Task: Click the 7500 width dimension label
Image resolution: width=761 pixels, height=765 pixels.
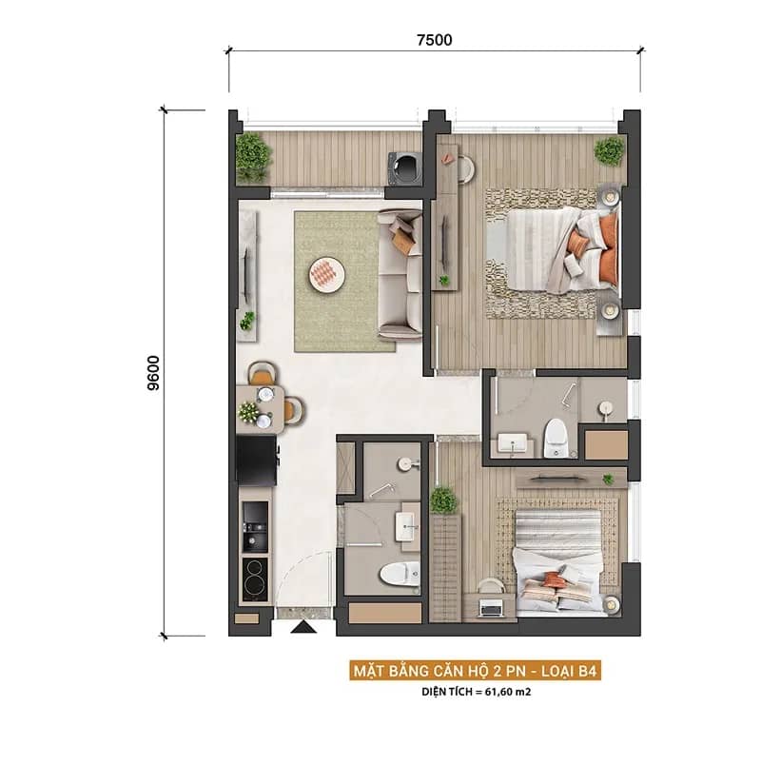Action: (x=434, y=40)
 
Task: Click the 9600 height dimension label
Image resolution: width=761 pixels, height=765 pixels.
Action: (x=153, y=373)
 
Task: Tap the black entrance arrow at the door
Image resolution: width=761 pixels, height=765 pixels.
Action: (x=303, y=627)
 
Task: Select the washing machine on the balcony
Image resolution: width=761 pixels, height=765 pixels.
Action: (x=404, y=168)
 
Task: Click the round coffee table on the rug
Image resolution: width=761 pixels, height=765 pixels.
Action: (x=327, y=275)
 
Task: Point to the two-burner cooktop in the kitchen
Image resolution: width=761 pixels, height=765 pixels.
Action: (x=255, y=579)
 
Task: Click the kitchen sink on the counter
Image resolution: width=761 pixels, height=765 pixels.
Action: (x=255, y=527)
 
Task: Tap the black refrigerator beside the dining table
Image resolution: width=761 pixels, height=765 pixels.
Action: (x=257, y=460)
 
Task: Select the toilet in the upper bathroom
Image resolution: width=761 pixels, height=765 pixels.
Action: (x=556, y=438)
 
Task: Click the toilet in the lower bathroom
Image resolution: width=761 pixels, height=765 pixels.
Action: (x=400, y=574)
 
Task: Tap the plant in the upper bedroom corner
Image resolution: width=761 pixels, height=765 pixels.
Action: (x=609, y=150)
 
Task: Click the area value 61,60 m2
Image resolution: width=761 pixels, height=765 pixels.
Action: (x=507, y=692)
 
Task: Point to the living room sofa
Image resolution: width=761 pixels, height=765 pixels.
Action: (x=400, y=274)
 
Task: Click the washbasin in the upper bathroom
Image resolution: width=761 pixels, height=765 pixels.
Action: (x=512, y=443)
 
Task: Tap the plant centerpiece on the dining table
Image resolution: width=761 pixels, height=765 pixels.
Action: (x=248, y=412)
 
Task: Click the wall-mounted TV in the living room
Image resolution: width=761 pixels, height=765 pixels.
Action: (x=246, y=275)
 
